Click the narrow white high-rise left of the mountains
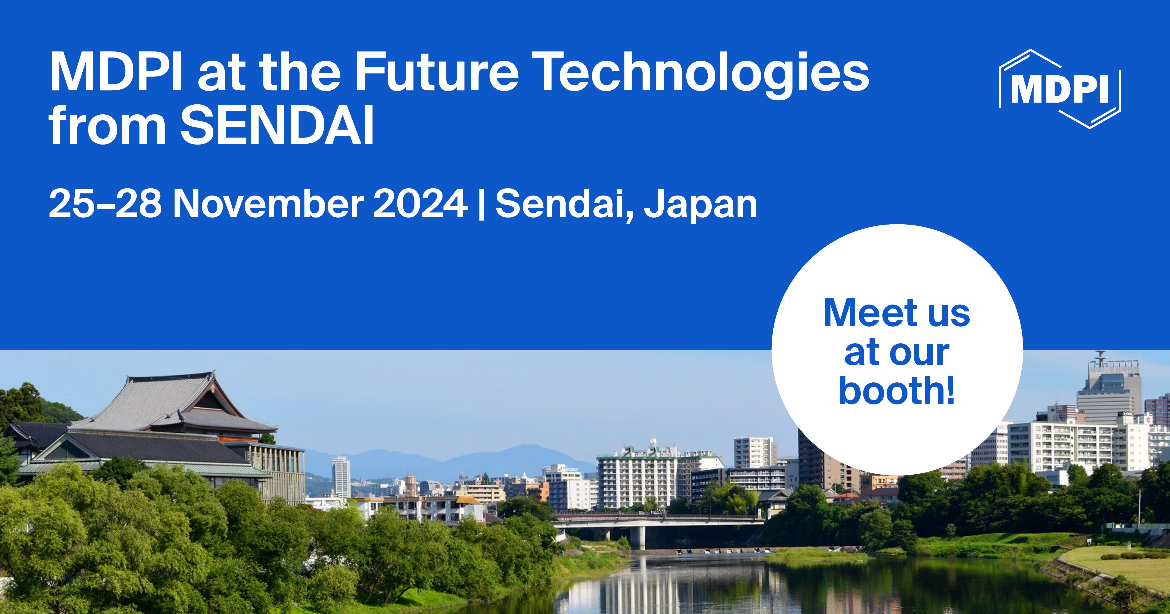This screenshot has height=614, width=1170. click(x=341, y=477)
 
